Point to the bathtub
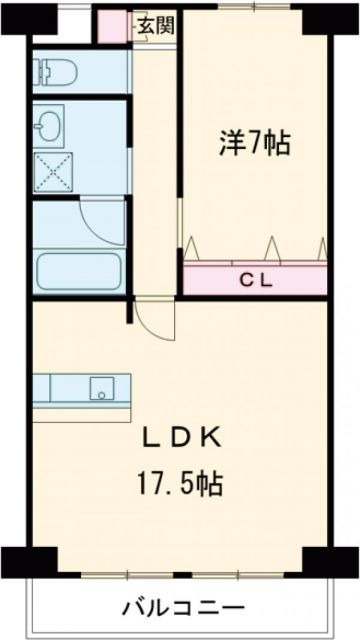pos(78,269)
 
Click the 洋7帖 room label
pos(255,143)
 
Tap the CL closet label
pos(256,279)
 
